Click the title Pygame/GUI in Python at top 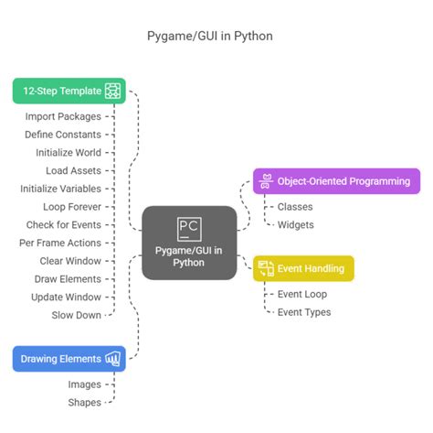[216, 37]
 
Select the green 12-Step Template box [69, 91]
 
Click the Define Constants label [63, 134]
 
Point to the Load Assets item [73, 170]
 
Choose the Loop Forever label [72, 206]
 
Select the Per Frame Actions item [60, 243]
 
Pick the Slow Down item [76, 314]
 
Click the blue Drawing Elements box [69, 358]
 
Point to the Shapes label [84, 402]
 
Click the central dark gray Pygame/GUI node [190, 243]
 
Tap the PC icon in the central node [190, 227]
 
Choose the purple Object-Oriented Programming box [336, 181]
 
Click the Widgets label [295, 224]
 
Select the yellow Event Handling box [303, 268]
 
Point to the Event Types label [303, 312]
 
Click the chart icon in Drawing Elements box [114, 358]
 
